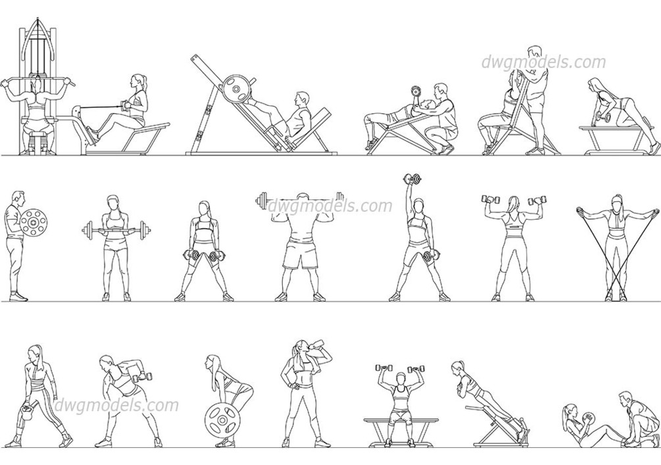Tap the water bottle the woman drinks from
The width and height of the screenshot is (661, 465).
318,344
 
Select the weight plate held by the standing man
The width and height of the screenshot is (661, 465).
34,222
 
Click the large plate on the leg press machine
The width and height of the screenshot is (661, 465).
237,89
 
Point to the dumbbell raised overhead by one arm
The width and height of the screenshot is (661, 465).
412,180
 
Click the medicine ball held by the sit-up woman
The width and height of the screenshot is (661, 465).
587,418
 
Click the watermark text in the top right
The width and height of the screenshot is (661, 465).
544,62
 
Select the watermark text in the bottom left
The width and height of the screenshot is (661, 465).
117,405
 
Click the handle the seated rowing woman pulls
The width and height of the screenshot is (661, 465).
125,105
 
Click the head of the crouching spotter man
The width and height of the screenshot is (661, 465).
441,91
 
